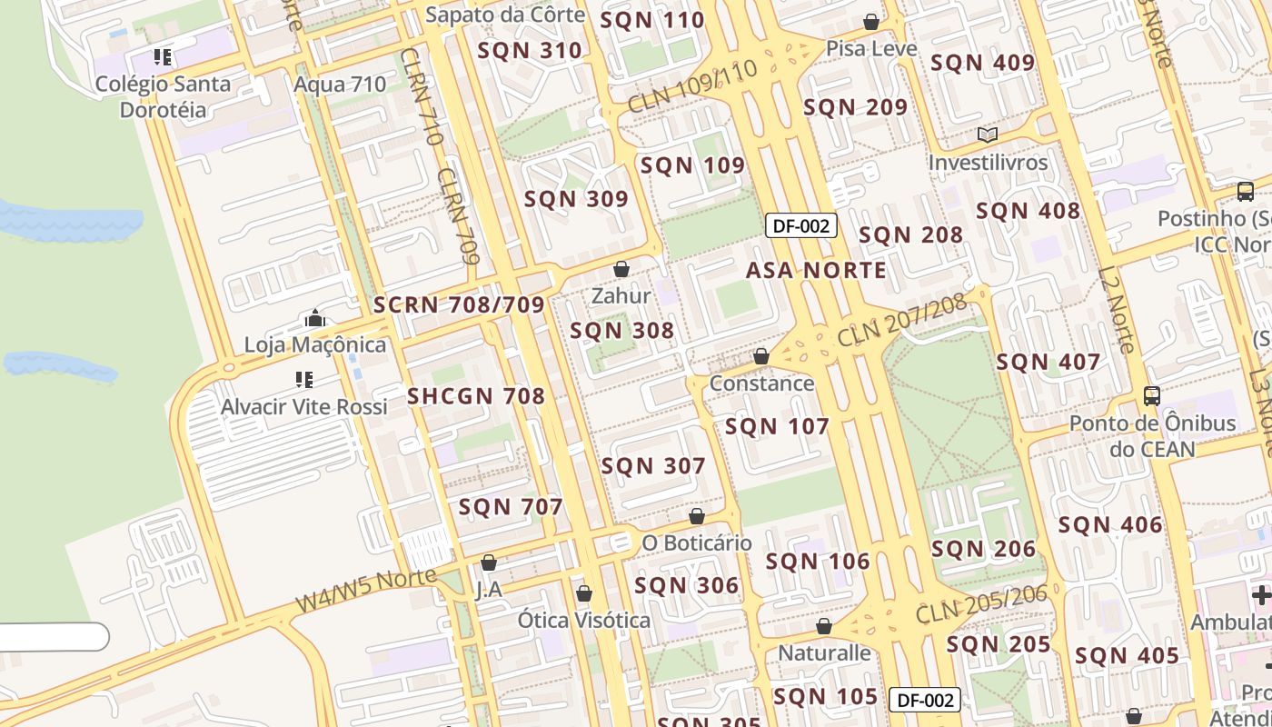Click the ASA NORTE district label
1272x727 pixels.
[816, 270]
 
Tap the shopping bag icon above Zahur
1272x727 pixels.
[621, 269]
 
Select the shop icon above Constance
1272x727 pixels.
[761, 356]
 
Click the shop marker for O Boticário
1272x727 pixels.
[697, 516]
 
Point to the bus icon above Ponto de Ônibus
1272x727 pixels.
[1152, 395]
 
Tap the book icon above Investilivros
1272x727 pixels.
[988, 135]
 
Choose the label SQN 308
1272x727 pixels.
[622, 331]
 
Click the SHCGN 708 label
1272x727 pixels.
[476, 396]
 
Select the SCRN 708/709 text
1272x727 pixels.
[459, 305]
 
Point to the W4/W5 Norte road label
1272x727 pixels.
[366, 591]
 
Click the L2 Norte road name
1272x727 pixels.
[1117, 309]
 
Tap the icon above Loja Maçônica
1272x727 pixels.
[315, 318]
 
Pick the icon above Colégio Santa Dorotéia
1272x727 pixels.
[163, 58]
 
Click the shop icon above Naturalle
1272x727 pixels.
[824, 626]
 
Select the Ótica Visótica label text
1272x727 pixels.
[584, 621]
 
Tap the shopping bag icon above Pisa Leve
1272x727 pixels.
[871, 21]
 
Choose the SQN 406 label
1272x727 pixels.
[1110, 524]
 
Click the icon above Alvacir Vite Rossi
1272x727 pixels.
[304, 379]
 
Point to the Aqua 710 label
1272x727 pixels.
[340, 85]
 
